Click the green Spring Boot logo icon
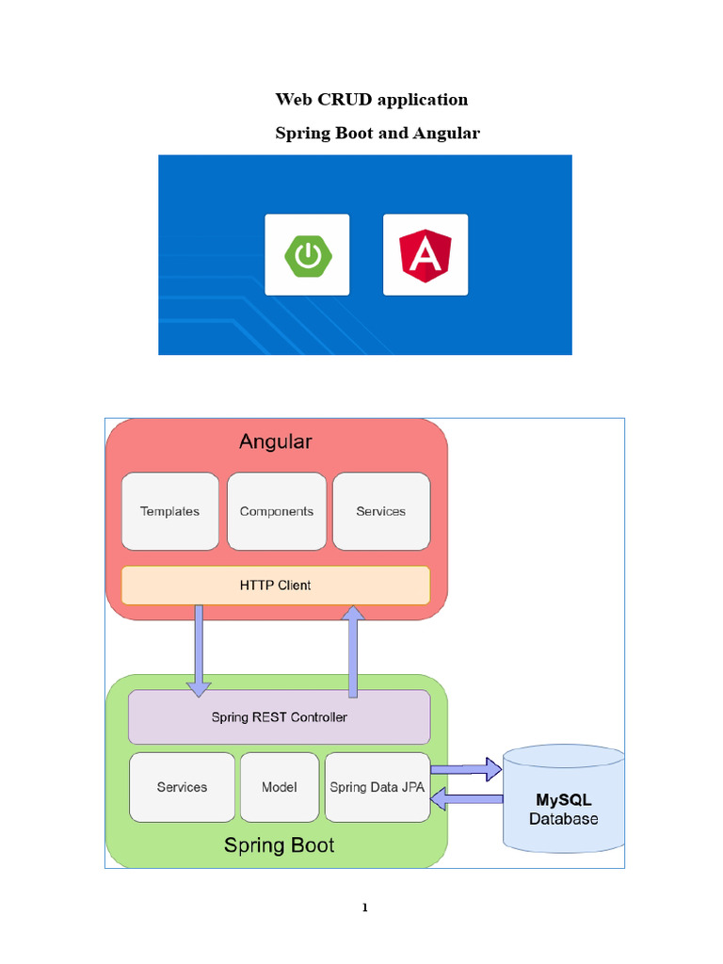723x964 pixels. [307, 255]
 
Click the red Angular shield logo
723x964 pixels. [425, 255]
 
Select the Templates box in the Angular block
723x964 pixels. [169, 511]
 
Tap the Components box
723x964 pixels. [276, 511]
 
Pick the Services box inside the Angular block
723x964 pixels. [381, 511]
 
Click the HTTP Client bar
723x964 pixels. [275, 585]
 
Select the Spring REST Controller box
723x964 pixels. [279, 717]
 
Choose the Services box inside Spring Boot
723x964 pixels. [182, 787]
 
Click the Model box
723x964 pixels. [280, 787]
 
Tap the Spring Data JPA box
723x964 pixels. [377, 787]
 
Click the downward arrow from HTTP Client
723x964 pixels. [199, 650]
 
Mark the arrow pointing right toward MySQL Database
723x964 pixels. [466, 769]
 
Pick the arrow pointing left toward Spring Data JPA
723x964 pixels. [466, 800]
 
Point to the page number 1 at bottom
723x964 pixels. [364, 908]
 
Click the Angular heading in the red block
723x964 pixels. [275, 442]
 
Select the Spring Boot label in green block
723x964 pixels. [279, 845]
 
